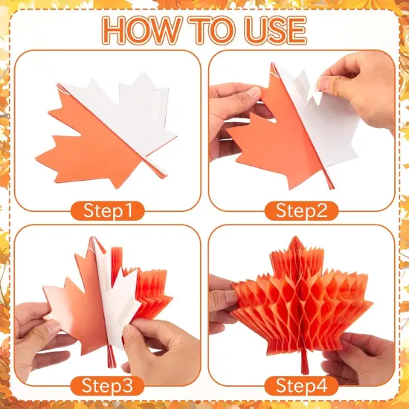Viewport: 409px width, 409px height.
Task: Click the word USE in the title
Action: (x=274, y=30)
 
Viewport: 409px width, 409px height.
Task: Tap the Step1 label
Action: (x=106, y=210)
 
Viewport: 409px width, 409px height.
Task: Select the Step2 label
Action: (x=301, y=210)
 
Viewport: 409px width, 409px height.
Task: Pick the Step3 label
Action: (x=106, y=386)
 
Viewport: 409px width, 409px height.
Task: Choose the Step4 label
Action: (x=301, y=386)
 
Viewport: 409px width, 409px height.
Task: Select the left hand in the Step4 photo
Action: (x=223, y=305)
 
